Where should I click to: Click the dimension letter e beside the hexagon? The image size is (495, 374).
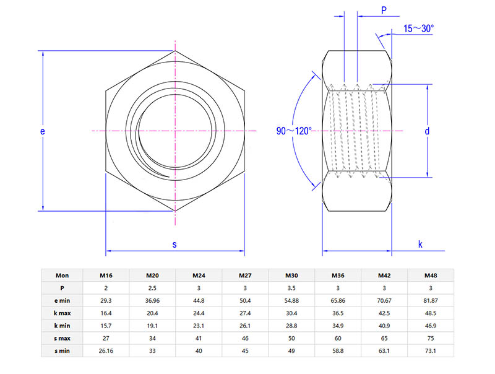(42, 131)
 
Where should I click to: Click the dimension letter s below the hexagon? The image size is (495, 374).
(174, 245)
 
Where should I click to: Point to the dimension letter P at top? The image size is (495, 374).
(384, 11)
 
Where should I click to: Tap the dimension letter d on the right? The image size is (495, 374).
(427, 131)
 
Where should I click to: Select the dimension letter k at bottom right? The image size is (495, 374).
(420, 245)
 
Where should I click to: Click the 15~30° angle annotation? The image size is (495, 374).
(419, 28)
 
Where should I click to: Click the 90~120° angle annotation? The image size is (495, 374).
(294, 131)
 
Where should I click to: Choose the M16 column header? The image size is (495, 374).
(106, 275)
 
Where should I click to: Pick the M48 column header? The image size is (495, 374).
(431, 275)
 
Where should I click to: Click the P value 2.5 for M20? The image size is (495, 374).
(152, 288)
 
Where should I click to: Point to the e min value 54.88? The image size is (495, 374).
(291, 300)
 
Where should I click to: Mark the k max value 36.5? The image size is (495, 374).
(338, 313)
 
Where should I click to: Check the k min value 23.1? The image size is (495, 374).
(199, 326)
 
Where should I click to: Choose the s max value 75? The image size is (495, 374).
(431, 339)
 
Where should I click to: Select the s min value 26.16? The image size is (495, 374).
(106, 351)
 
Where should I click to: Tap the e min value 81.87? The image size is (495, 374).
(431, 300)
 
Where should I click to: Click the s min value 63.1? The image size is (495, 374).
(384, 351)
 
